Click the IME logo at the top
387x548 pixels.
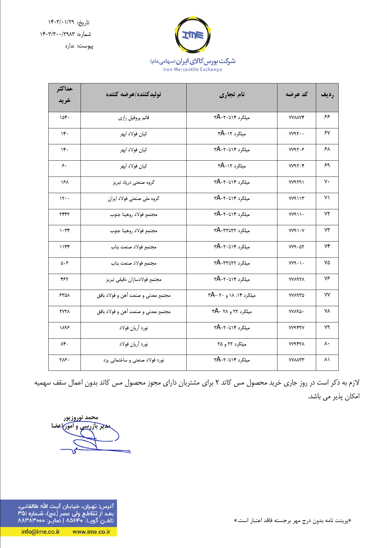(x=193, y=35)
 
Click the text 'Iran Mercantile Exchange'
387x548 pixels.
(x=193, y=69)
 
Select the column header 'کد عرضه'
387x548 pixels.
(x=296, y=94)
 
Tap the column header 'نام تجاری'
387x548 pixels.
(x=232, y=94)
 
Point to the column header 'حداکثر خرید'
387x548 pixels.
(x=65, y=95)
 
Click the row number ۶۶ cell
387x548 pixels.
(x=327, y=117)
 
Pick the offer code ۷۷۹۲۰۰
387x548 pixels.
(x=296, y=134)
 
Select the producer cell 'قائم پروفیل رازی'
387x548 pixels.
(x=134, y=118)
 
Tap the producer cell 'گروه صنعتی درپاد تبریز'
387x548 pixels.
(x=134, y=182)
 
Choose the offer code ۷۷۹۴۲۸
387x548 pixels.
(x=296, y=344)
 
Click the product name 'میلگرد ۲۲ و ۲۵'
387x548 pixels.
(x=232, y=344)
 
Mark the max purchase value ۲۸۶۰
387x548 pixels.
(x=65, y=360)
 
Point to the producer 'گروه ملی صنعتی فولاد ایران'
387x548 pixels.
(x=134, y=199)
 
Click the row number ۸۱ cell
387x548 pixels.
(x=327, y=360)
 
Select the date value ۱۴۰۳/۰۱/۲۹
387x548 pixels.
(x=61, y=22)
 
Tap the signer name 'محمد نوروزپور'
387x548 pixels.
(x=81, y=418)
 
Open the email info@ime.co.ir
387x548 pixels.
(x=41, y=532)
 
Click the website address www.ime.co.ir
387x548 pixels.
(x=91, y=532)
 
